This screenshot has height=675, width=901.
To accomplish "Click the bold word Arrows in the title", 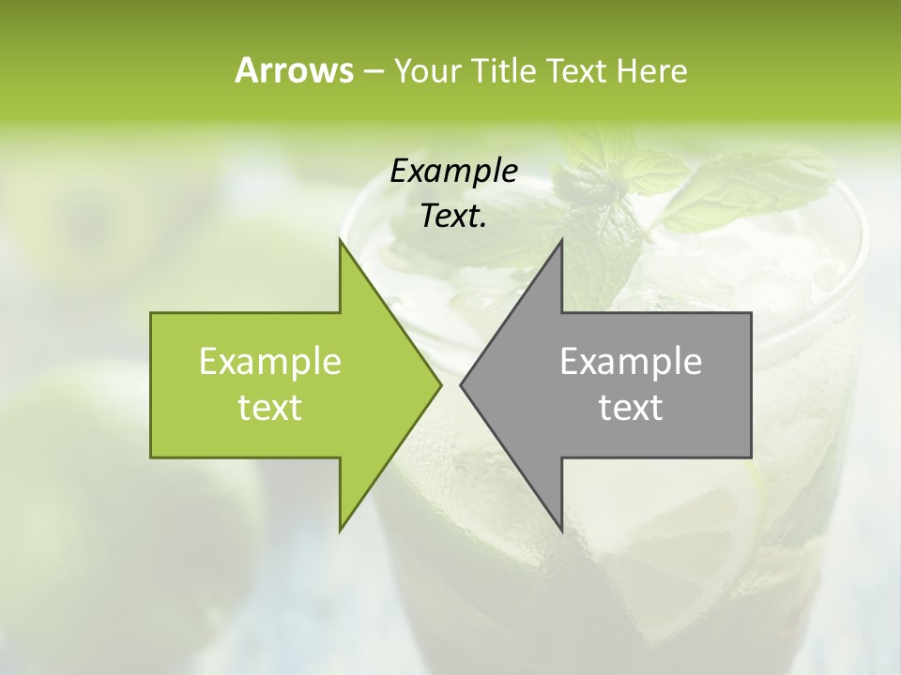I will tap(294, 70).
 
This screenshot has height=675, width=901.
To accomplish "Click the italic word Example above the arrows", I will tap(454, 171).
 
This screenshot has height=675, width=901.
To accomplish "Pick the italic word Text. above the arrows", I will tap(454, 216).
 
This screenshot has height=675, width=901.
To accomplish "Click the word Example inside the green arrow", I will tap(270, 361).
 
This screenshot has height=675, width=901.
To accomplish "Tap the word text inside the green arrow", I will tap(270, 407).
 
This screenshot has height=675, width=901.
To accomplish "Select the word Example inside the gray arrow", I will tap(631, 361).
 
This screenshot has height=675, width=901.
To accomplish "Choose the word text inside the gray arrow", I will tap(631, 407).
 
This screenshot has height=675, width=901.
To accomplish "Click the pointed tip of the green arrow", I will tap(439, 384).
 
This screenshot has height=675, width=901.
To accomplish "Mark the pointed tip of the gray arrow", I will tap(462, 384).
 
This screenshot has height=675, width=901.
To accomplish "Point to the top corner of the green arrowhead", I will tap(340, 241).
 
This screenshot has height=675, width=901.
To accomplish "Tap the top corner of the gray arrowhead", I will tap(561, 241).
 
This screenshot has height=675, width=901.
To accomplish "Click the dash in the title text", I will tap(372, 72).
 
